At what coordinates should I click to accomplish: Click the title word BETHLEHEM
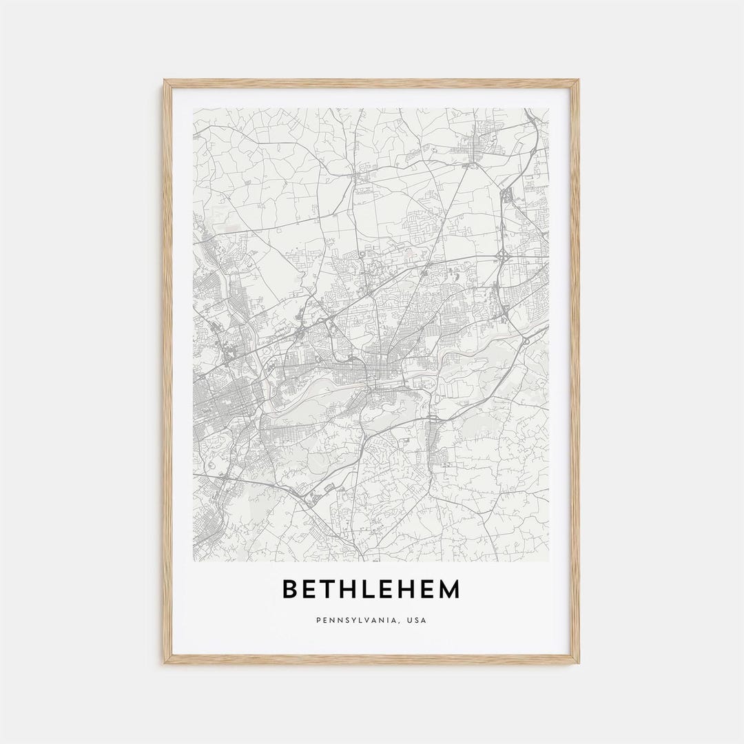tap(371, 590)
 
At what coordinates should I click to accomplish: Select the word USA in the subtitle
tap(417, 620)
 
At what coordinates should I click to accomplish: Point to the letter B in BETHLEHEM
tap(290, 590)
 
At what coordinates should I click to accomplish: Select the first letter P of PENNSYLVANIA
tap(318, 620)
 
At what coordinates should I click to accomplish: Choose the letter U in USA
tap(409, 620)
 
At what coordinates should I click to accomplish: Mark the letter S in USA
tap(417, 620)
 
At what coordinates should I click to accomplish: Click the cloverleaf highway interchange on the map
tap(502, 256)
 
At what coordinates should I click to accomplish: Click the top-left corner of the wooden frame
tap(165, 81)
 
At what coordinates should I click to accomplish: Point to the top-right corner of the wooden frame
tap(577, 81)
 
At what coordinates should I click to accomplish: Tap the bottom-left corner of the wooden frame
tap(165, 662)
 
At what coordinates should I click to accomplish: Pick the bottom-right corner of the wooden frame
tap(577, 662)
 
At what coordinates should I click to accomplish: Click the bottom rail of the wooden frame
tap(372, 659)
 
